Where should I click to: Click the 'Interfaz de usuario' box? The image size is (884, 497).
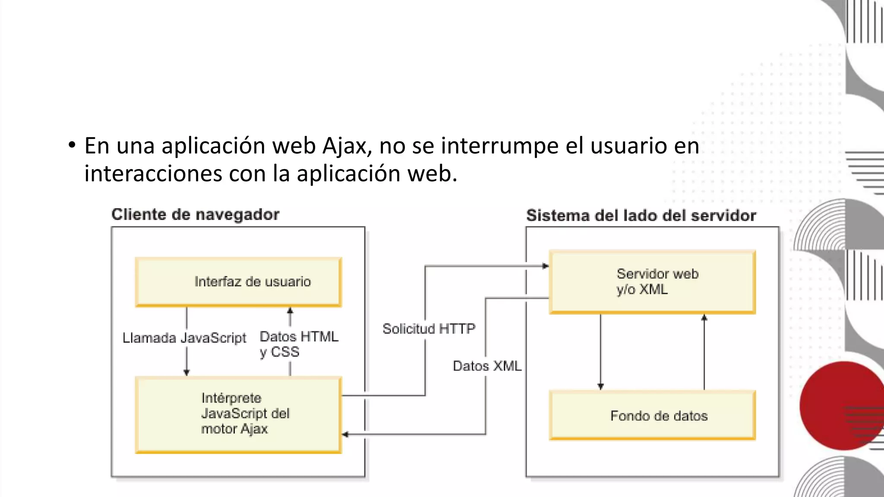[x=239, y=282]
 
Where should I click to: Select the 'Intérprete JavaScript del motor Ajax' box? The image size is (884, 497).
[x=239, y=414]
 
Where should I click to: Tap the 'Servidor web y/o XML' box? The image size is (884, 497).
[x=652, y=282]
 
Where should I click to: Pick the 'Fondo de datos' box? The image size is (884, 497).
[x=652, y=415]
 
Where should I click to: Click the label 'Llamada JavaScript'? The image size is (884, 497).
[x=184, y=338]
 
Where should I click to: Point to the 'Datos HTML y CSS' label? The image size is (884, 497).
[x=299, y=344]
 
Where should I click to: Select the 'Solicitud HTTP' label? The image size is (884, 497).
[x=429, y=329]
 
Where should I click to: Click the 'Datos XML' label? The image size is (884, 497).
[x=487, y=366]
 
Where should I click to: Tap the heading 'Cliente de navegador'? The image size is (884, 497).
[x=195, y=214]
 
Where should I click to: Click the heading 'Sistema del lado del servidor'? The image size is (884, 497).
[x=641, y=215]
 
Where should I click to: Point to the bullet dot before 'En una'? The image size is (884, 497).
[x=72, y=145]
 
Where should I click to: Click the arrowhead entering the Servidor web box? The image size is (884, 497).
[x=546, y=266]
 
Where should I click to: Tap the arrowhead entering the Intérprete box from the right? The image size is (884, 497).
[x=345, y=434]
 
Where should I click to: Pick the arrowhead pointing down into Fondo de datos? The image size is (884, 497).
[x=600, y=387]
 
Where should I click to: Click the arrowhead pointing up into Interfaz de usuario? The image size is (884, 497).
[x=290, y=310]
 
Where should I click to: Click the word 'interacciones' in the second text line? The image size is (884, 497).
[x=153, y=173]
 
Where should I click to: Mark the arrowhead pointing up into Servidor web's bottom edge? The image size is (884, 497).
[x=704, y=318]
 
